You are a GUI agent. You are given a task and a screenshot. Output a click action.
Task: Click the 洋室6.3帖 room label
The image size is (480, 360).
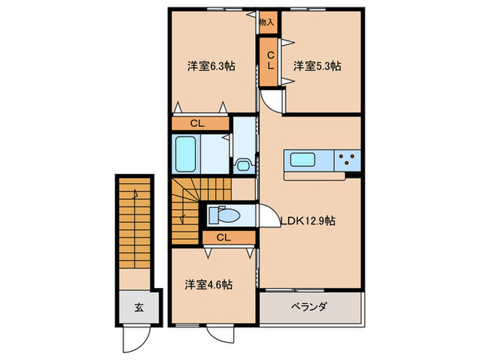pyautogui.click(x=212, y=67)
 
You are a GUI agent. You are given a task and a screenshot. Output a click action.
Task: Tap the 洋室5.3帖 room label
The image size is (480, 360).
pyautogui.click(x=317, y=67)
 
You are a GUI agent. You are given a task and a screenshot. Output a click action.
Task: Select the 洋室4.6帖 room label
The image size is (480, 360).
pyautogui.click(x=208, y=283)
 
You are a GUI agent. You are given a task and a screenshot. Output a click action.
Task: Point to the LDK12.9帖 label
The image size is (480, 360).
pyautogui.click(x=308, y=221)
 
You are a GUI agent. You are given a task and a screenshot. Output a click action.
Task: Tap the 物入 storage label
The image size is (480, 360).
pyautogui.click(x=267, y=23)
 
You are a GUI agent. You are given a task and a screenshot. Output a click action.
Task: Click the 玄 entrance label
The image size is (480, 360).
pyautogui.click(x=138, y=307)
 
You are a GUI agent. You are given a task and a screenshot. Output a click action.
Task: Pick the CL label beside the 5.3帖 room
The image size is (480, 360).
pyautogui.click(x=270, y=61)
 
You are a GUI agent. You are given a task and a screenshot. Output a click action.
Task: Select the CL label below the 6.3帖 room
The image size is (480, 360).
pyautogui.click(x=197, y=124)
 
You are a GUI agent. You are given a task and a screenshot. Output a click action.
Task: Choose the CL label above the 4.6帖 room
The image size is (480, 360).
pyautogui.click(x=223, y=237)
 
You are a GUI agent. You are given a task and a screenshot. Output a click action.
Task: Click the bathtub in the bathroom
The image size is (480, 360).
pyautogui.click(x=187, y=155)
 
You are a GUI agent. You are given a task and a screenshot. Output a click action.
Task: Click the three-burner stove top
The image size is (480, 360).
pyautogui.click(x=348, y=160)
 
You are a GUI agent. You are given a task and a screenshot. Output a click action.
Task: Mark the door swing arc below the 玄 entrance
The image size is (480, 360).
pyautogui.click(x=134, y=337)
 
